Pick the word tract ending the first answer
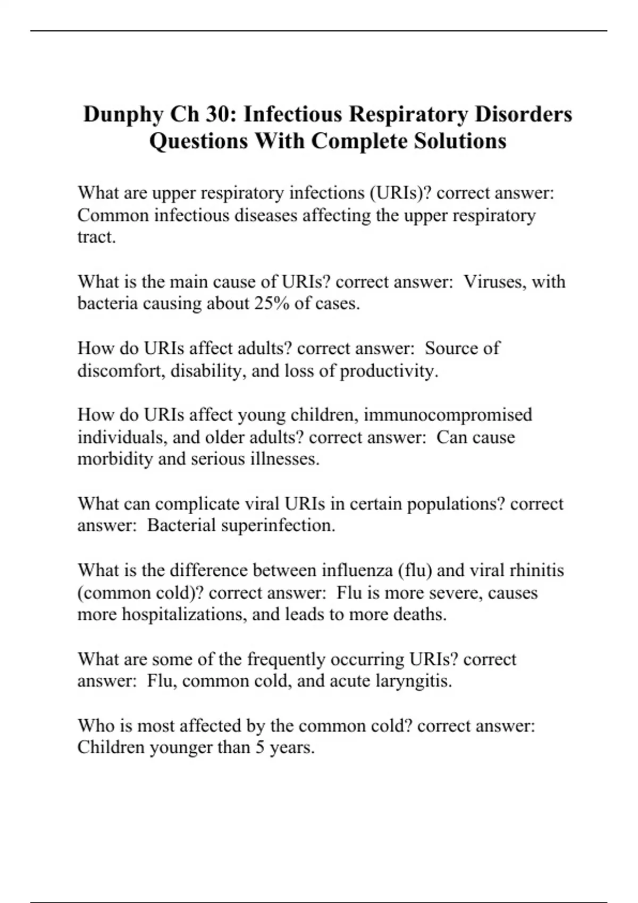pos(96,237)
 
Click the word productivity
pos(389,370)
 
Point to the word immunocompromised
pos(448,414)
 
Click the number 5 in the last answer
pos(259,747)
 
